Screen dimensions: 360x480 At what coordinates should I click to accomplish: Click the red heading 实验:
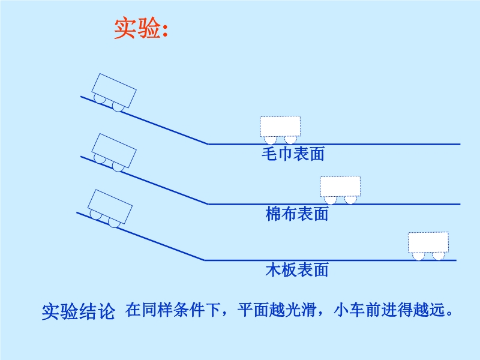pos(140,28)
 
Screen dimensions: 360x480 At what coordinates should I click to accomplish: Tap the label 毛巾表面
pos(293,154)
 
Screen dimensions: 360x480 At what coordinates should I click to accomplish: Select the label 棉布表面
pos(297,214)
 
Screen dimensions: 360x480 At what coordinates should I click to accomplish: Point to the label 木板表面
pos(297,269)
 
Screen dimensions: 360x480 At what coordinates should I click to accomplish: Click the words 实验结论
pos(78,312)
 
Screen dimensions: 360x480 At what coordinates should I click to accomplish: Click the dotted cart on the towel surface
pos(280,127)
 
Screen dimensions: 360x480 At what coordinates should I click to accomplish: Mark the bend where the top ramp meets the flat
pos(208,144)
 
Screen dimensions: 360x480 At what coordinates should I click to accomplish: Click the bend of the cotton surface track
pos(208,204)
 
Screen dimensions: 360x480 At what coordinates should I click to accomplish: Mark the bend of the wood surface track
pos(205,260)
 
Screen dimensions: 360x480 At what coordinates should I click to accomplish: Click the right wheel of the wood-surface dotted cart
pos(439,256)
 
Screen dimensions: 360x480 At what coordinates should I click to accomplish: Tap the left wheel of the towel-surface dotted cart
pos(271,140)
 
